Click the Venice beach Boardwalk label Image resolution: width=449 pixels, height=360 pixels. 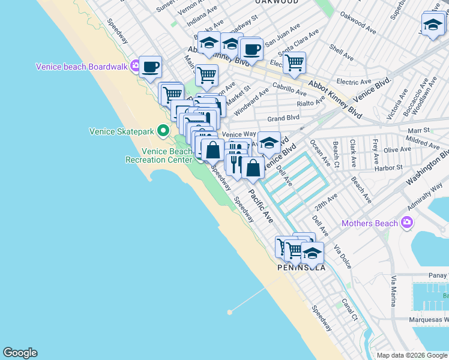pyautogui.click(x=82, y=67)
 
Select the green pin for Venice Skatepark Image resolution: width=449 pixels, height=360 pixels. pyautogui.click(x=163, y=130)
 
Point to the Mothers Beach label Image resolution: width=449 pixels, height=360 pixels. pyautogui.click(x=370, y=224)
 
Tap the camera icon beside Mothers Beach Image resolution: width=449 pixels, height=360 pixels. pyautogui.click(x=408, y=223)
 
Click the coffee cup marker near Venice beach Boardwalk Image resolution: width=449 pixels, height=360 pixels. pyautogui.click(x=150, y=67)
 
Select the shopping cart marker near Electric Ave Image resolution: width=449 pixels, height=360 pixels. pyautogui.click(x=294, y=62)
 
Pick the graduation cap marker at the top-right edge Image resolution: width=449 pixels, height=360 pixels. pyautogui.click(x=432, y=26)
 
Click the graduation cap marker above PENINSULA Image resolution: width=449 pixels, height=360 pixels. pyautogui.click(x=312, y=252)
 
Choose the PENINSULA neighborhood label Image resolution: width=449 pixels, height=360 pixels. pyautogui.click(x=301, y=268)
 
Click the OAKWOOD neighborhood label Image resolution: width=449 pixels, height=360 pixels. pyautogui.click(x=276, y=2)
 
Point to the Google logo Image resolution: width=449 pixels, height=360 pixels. pyautogui.click(x=20, y=353)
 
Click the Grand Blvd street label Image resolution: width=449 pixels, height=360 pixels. pyautogui.click(x=283, y=119)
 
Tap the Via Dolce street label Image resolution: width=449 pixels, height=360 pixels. pyautogui.click(x=343, y=256)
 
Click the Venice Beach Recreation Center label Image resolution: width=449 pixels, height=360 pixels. pyautogui.click(x=158, y=155)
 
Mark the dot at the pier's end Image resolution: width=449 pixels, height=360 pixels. pyautogui.click(x=230, y=312)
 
